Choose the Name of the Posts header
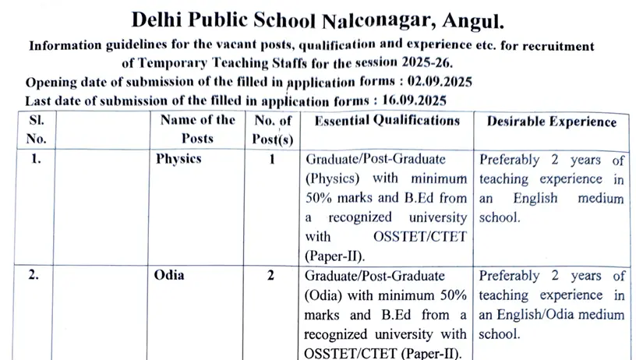click(x=197, y=129)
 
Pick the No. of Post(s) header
click(x=272, y=129)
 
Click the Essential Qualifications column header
click(x=387, y=121)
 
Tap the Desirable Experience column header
click(x=551, y=122)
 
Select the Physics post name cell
click(x=178, y=159)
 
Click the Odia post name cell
click(x=171, y=275)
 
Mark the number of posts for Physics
click(x=272, y=159)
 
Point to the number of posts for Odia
click(x=272, y=275)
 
